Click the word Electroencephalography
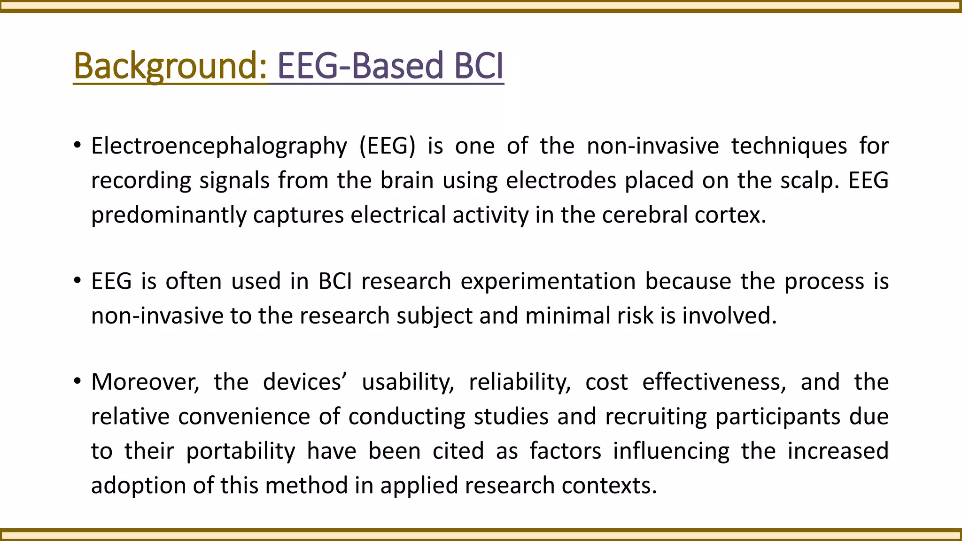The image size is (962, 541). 219,146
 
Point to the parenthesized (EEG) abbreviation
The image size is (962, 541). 388,146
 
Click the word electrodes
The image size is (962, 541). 561,180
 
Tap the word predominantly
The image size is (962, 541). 169,215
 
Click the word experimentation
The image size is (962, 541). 548,282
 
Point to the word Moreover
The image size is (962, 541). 145,382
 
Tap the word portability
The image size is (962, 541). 240,451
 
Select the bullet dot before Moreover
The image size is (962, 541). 78,381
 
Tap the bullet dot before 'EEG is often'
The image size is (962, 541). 78,281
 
